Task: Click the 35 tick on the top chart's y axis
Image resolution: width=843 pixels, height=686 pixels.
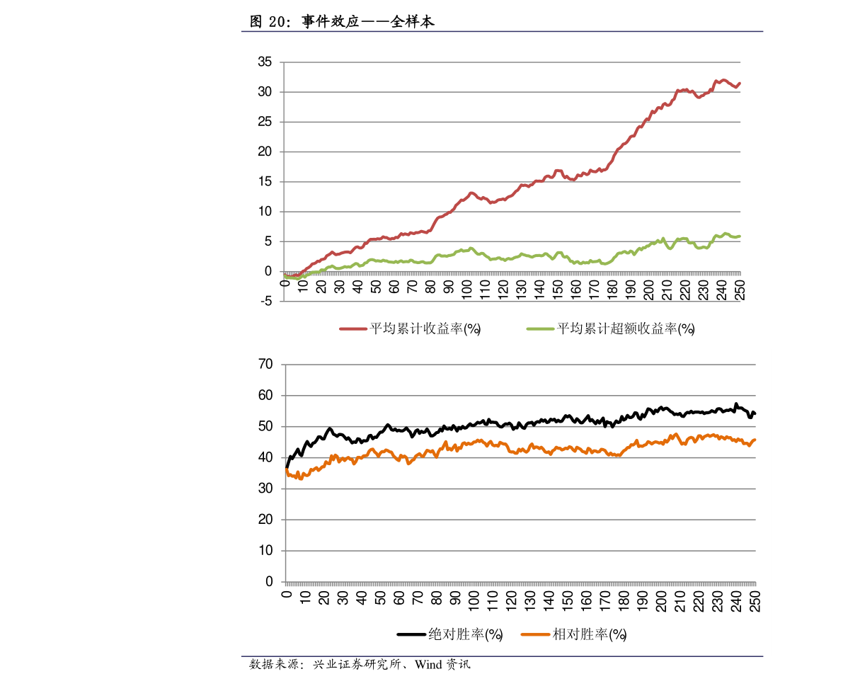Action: [x=265, y=62]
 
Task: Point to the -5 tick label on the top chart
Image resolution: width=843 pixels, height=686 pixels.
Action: [x=266, y=302]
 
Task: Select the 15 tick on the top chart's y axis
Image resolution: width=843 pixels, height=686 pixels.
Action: [x=265, y=182]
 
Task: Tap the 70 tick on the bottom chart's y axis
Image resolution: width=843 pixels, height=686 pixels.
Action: [x=265, y=365]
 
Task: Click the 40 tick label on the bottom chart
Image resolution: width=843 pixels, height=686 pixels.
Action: [x=265, y=458]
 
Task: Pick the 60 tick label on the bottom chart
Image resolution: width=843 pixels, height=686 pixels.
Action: [x=265, y=396]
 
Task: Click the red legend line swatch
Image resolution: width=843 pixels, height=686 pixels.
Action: [x=353, y=329]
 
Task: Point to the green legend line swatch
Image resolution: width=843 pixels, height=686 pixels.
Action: [x=541, y=329]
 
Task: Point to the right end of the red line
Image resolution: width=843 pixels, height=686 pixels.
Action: [x=740, y=84]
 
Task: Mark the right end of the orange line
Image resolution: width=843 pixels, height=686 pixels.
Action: [x=755, y=440]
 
